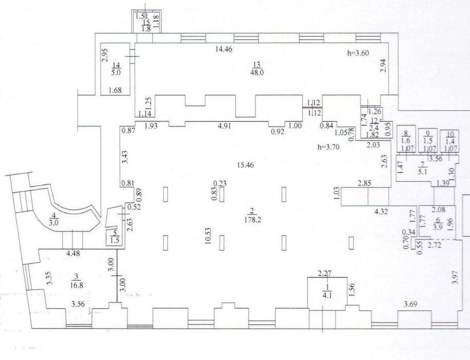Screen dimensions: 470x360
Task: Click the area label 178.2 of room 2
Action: click(x=252, y=220)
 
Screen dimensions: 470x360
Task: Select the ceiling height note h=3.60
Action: click(x=358, y=53)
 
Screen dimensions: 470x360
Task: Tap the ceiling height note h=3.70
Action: click(x=329, y=147)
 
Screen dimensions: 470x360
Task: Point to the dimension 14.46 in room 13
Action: click(x=224, y=49)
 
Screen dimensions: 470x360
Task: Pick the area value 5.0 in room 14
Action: click(x=116, y=72)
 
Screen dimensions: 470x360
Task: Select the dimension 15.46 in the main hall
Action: click(x=245, y=165)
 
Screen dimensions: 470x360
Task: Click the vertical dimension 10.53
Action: click(x=209, y=236)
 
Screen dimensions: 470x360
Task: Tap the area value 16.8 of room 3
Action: click(x=77, y=285)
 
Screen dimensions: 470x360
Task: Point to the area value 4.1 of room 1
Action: click(x=328, y=296)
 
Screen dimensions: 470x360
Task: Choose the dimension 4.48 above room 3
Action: click(x=73, y=254)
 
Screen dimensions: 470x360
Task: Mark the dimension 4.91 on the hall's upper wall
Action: click(x=225, y=126)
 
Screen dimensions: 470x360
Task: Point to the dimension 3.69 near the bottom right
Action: click(x=410, y=305)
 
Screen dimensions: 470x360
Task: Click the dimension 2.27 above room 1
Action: click(x=324, y=274)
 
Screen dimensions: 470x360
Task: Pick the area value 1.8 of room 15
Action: click(x=146, y=29)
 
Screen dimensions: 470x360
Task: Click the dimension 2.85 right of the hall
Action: click(x=364, y=183)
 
